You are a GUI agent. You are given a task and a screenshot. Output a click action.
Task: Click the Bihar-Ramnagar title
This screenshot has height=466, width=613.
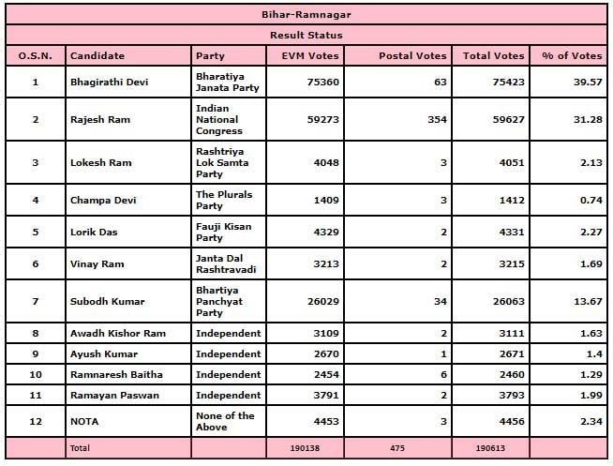point(306,15)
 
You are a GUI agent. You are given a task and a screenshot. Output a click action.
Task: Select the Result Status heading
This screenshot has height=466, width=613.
point(306,35)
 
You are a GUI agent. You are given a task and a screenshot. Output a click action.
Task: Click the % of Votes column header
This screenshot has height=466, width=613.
point(571,56)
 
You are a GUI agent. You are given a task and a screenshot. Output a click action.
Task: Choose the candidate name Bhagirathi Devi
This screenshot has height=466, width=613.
point(110,82)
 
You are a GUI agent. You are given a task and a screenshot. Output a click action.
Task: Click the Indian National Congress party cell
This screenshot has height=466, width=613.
point(217,119)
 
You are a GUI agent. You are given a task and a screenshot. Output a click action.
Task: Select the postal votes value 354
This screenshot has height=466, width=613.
point(435,119)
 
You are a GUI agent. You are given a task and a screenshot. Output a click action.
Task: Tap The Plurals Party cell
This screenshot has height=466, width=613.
point(223,200)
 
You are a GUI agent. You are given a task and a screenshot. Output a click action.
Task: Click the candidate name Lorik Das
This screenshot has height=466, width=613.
point(94,232)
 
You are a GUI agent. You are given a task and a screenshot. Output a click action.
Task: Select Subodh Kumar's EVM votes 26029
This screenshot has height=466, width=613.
point(321,301)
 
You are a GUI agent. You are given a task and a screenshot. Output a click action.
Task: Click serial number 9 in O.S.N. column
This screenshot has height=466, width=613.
point(36,353)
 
